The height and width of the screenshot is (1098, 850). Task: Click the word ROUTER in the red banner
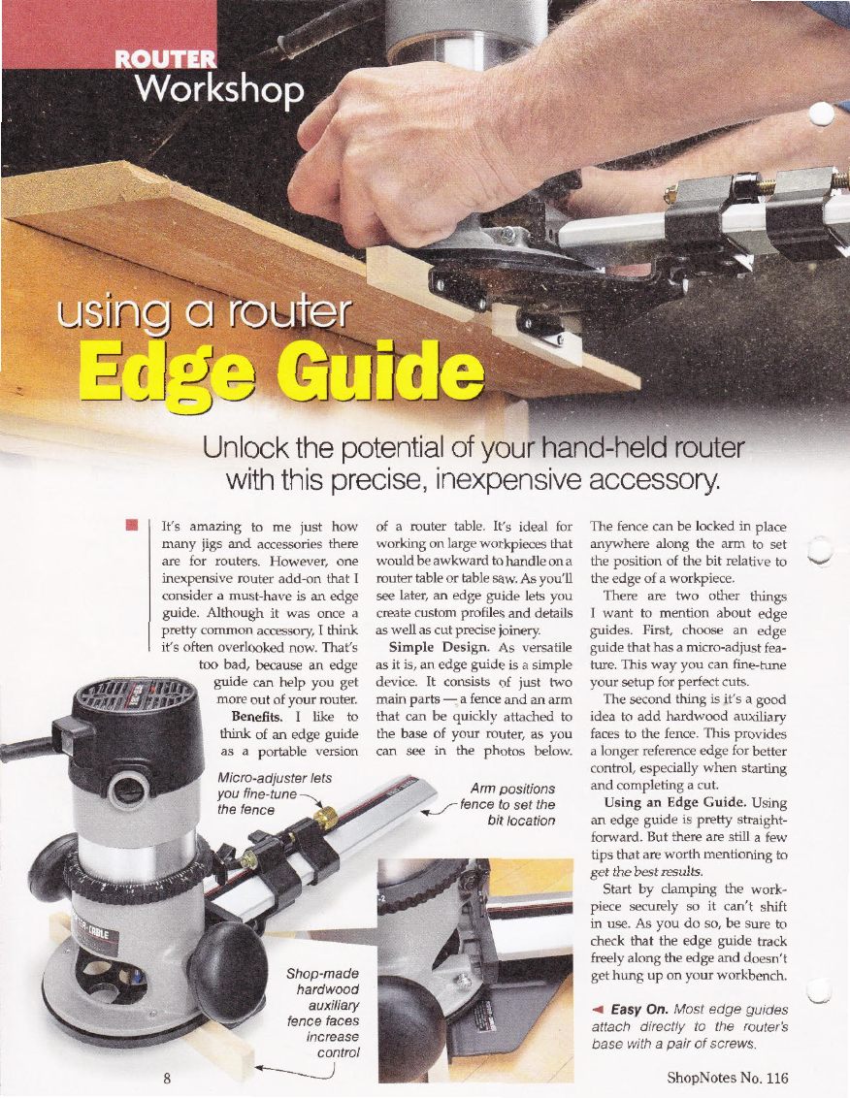pos(166,59)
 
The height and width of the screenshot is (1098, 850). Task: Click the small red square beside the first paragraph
pos(131,525)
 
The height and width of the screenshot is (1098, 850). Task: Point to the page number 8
pos(167,1079)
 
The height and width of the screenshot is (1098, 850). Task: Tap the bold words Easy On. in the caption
pos(639,1010)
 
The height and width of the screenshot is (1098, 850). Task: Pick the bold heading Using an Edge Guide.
pos(675,802)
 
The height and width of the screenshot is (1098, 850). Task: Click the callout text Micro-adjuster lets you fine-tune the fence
pos(275,793)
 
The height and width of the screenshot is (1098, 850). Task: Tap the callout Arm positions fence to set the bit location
pos(508,805)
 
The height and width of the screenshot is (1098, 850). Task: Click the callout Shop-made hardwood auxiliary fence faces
pos(323,1006)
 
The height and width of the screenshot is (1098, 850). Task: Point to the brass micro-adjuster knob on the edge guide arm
pos(324,818)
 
